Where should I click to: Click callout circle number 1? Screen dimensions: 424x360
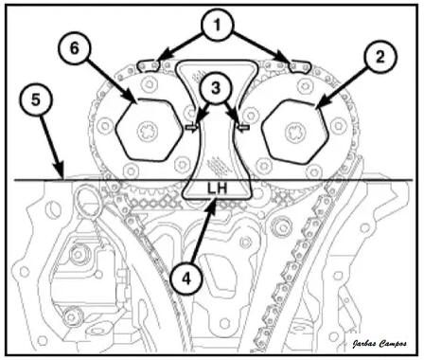(x=218, y=26)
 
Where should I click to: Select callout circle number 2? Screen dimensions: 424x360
(x=380, y=57)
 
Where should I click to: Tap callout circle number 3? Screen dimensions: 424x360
(x=216, y=88)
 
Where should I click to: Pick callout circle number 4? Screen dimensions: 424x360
(x=186, y=279)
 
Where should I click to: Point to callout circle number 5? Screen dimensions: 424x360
(x=36, y=99)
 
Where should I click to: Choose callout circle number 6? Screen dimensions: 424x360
(x=74, y=48)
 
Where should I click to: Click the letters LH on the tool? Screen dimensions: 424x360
(x=217, y=189)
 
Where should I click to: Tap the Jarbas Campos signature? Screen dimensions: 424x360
(x=380, y=344)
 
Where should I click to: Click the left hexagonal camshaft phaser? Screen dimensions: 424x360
(x=150, y=130)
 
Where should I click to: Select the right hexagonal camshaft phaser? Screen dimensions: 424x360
(x=295, y=132)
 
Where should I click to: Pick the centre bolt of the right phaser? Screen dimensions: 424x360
(x=295, y=133)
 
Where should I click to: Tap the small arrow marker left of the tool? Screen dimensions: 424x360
(x=192, y=127)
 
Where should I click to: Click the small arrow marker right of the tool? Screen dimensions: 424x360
(x=243, y=127)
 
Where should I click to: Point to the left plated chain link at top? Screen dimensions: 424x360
(x=149, y=65)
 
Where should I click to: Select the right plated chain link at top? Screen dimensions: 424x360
(x=300, y=66)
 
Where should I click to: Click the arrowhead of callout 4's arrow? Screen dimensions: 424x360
(x=213, y=202)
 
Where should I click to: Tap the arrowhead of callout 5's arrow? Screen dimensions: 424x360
(x=61, y=173)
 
